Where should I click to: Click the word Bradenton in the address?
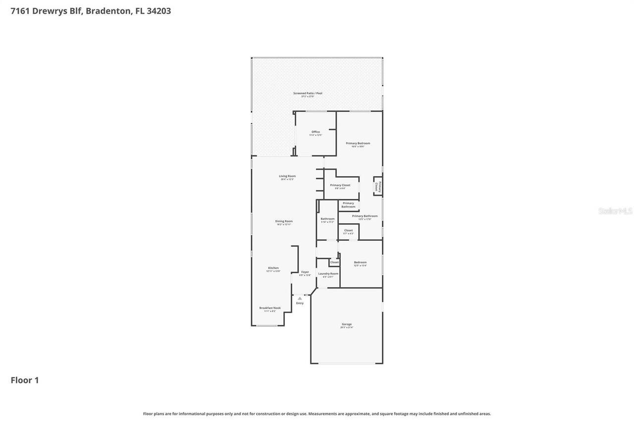pos(108,11)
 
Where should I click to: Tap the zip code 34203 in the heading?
pos(159,11)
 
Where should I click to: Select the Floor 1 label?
pos(25,380)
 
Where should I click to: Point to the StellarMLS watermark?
pos(615,211)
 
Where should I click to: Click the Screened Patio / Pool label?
pos(308,93)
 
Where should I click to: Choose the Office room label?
pos(316,132)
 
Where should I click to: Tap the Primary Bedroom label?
pos(358,143)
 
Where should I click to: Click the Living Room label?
pos(287,176)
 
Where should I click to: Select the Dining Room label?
pos(284,221)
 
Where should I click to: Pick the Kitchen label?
pos(273,268)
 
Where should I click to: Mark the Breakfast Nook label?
pos(270,308)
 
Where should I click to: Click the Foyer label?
pos(305,272)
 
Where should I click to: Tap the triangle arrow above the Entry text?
pos(300,298)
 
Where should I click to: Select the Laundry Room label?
pos(328,274)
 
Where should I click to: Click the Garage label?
pos(346,325)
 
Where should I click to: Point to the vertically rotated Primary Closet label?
pos(377,186)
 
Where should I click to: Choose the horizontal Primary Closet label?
pos(340,185)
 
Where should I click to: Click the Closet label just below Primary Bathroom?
pos(348,230)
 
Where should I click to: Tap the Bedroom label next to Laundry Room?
pos(360,262)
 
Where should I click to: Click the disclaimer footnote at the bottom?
pos(317,414)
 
